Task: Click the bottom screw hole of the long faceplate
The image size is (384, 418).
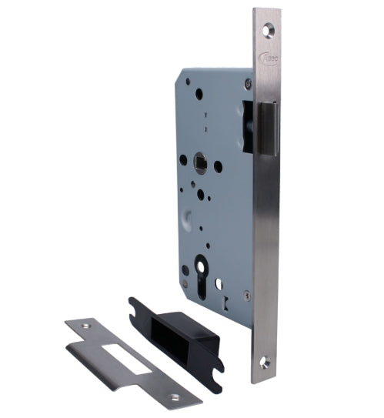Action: tap(267, 359)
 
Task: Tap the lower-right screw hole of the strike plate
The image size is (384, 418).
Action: tap(174, 397)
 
